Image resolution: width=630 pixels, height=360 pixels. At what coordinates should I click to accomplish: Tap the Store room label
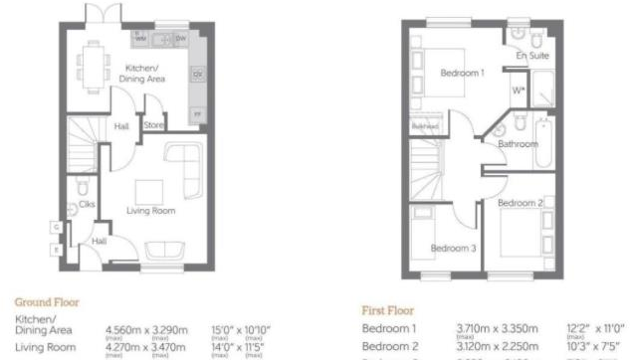[x=152, y=126]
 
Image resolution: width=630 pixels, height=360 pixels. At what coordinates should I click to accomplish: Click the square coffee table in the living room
[x=149, y=190]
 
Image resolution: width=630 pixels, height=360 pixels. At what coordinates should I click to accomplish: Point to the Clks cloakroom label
[x=86, y=204]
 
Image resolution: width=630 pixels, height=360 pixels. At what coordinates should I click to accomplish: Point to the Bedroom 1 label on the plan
[x=463, y=72]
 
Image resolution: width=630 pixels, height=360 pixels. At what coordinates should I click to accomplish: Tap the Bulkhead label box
[x=425, y=126]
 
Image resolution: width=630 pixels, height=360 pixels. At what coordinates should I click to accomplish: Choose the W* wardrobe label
[x=518, y=91]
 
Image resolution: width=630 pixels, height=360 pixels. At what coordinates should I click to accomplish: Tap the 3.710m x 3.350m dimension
[x=496, y=327]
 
